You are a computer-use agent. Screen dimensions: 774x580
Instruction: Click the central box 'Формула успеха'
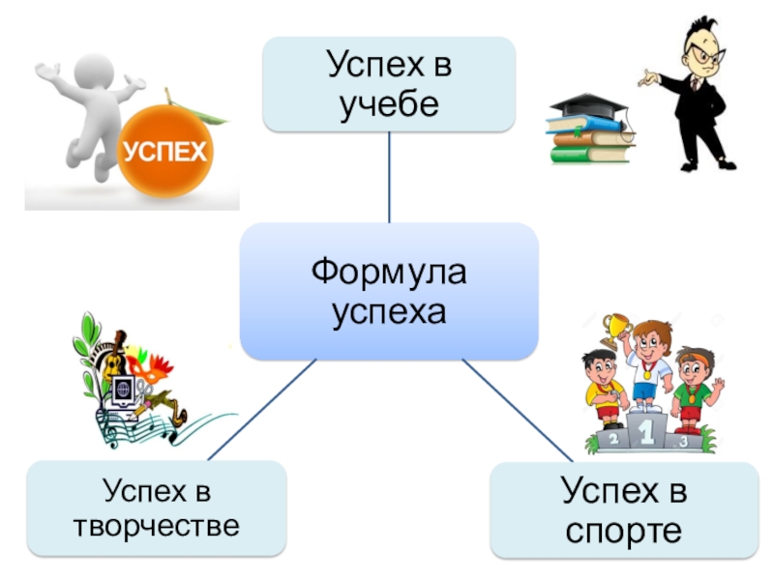coord(389,290)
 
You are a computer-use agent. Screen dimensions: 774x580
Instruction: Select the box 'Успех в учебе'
coord(389,84)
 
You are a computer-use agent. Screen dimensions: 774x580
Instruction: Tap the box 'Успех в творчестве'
coord(157,508)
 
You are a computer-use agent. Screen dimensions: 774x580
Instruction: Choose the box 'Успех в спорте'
coord(625,510)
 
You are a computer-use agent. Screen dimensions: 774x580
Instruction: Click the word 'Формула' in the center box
coord(389,274)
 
